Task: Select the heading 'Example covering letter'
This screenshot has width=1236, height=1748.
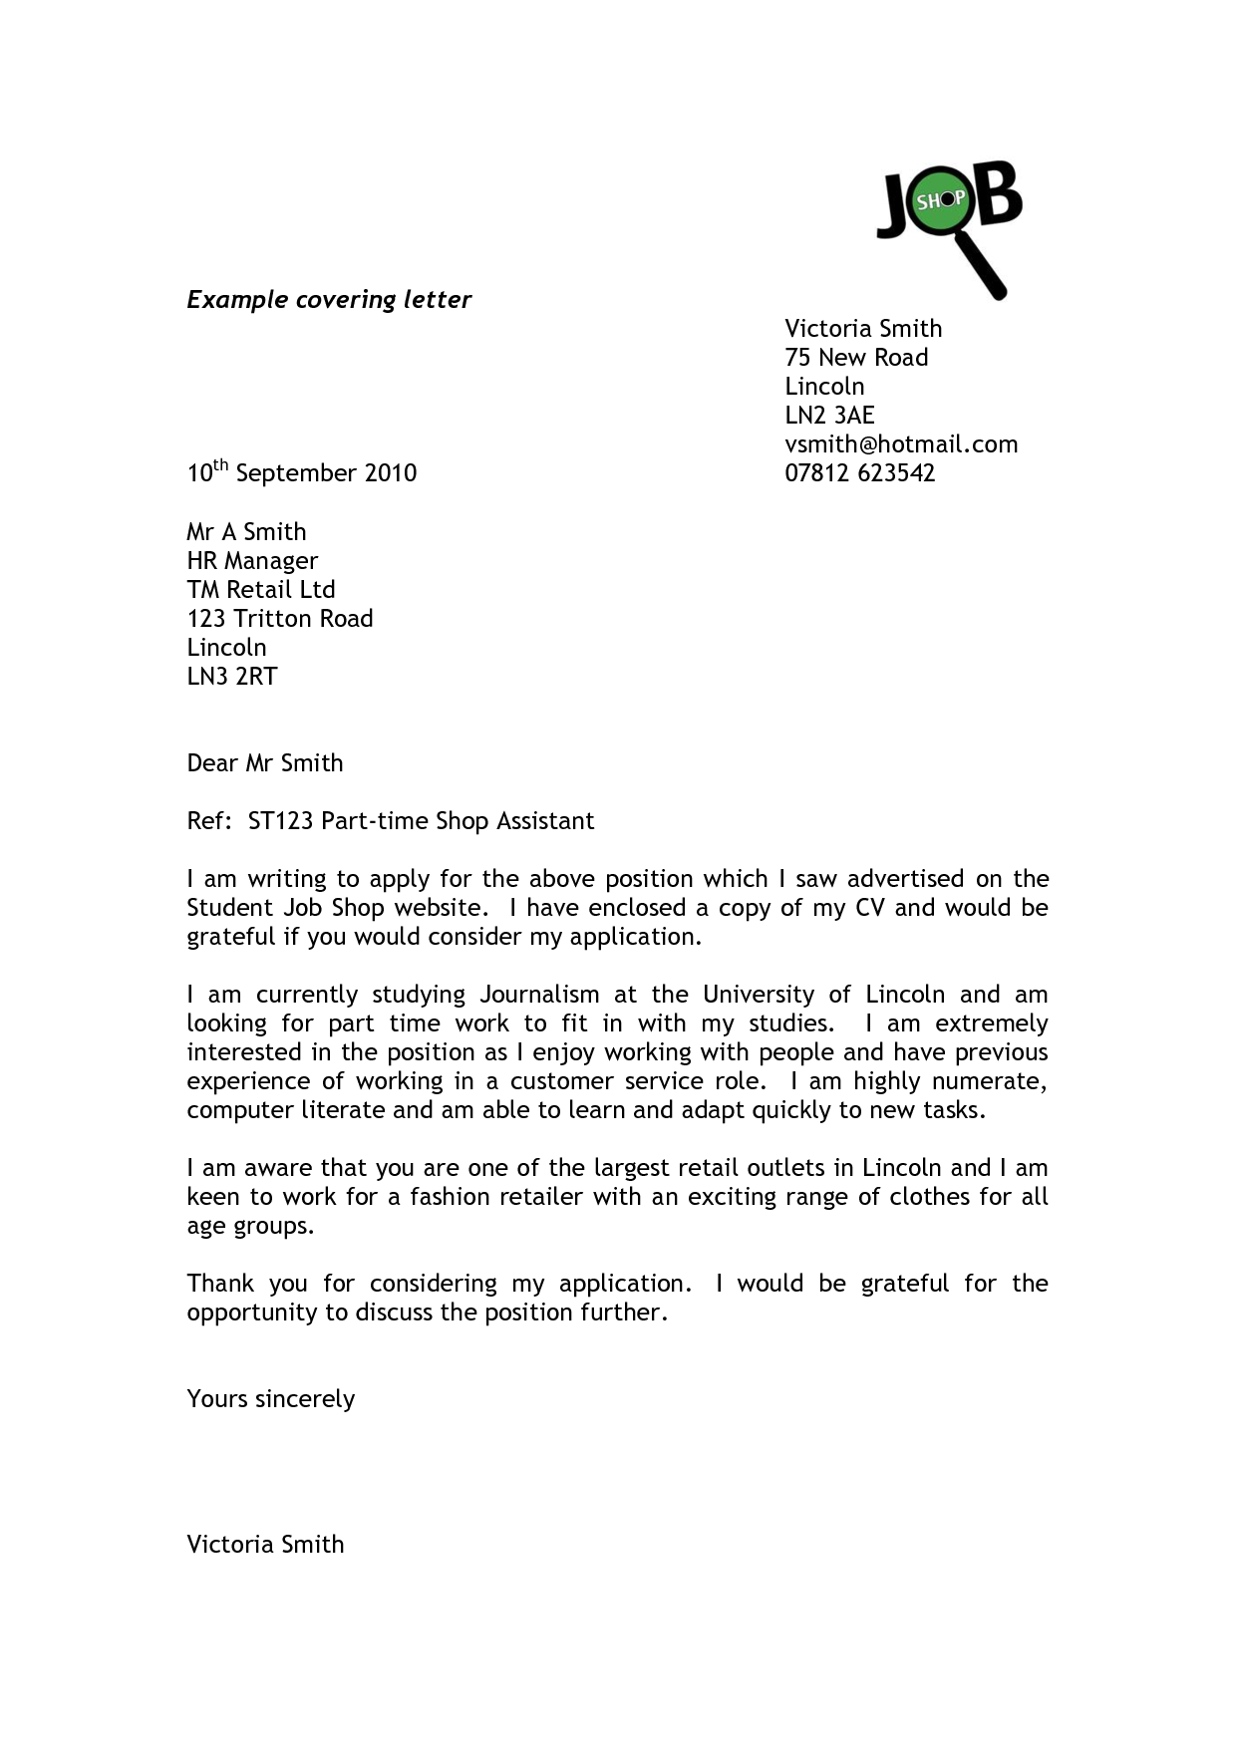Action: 329,300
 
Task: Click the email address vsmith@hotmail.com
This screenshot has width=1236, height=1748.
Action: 901,444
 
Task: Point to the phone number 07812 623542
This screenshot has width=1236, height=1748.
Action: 859,473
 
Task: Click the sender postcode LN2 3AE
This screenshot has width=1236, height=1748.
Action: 829,416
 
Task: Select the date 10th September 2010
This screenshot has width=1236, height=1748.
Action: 301,472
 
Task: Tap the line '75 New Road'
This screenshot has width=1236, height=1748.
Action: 855,358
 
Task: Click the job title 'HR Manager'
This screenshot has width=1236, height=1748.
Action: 252,561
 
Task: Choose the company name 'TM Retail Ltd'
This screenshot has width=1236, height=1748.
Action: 261,590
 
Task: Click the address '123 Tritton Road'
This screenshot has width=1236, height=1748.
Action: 280,619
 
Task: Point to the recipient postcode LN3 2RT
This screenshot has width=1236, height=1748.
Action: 232,677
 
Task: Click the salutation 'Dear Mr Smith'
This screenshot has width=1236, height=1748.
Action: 265,763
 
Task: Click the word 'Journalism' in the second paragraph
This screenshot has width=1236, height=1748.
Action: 539,995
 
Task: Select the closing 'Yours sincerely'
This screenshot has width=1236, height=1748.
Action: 271,1399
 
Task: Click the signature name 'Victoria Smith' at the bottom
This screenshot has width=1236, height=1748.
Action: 265,1545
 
